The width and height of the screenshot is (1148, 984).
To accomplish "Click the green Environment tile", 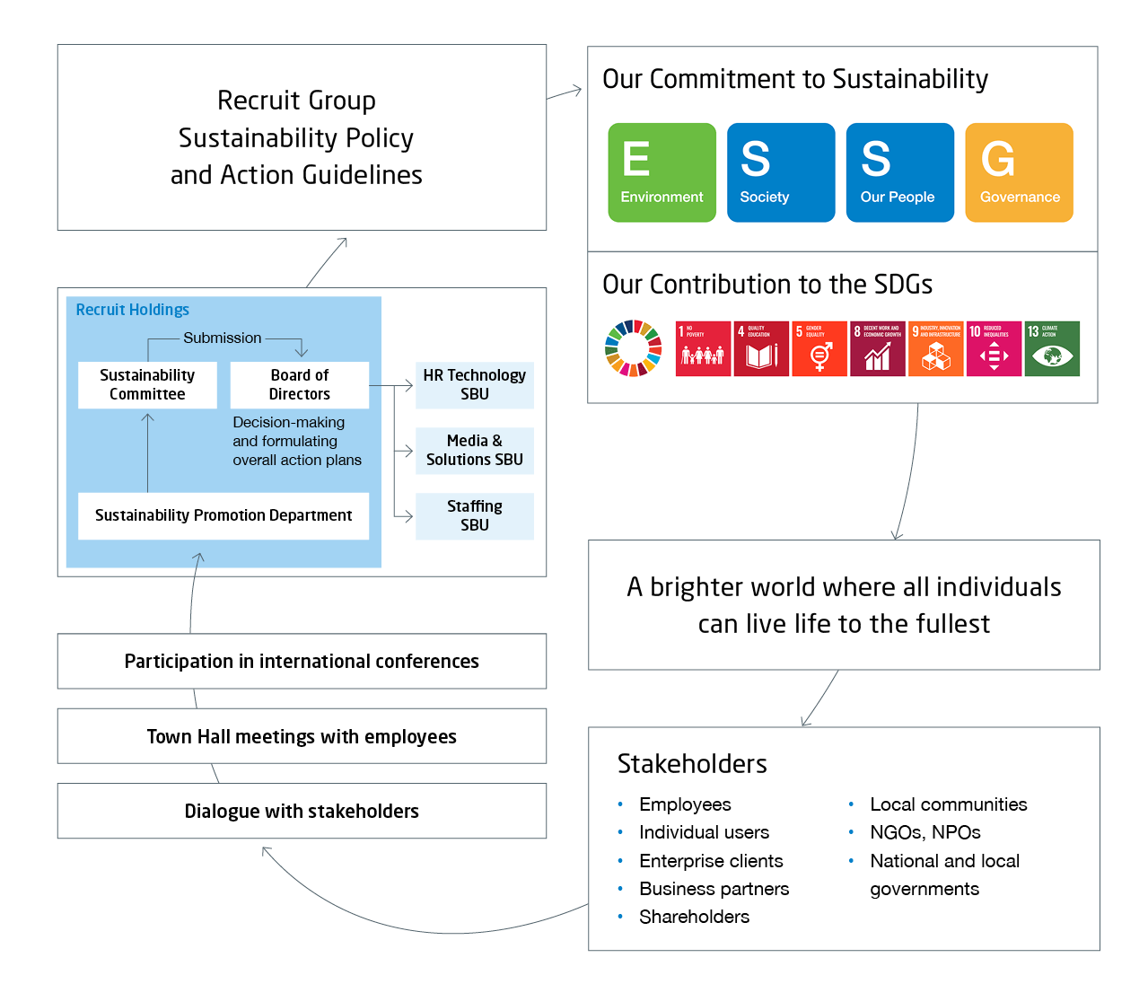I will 662,172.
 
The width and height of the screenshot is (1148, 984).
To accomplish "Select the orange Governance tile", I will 1019,172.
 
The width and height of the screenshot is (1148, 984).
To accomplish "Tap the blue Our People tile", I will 899,172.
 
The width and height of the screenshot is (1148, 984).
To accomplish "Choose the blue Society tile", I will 780,172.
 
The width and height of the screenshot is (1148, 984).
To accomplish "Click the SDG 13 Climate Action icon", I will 1052,348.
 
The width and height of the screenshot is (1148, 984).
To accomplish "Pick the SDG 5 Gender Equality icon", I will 819,348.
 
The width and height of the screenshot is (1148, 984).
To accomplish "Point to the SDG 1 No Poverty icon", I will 703,348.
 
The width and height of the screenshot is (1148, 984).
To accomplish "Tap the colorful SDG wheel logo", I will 634,348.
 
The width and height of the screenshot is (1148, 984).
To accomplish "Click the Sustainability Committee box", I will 147,384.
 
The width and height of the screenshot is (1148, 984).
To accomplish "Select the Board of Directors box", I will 300,384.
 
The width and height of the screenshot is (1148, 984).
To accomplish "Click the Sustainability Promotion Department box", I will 223,515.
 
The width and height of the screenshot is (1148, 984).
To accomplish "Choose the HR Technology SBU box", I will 474,384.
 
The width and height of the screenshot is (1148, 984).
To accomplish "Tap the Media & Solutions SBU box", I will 474,450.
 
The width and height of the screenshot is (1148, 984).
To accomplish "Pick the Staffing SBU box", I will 474,515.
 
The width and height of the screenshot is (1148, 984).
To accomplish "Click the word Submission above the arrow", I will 222,338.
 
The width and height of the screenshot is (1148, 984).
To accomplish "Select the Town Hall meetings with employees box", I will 302,736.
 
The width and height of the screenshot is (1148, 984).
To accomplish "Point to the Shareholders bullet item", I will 694,917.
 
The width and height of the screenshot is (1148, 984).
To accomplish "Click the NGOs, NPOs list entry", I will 925,832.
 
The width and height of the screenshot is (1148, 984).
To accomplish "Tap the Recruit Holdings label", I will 132,310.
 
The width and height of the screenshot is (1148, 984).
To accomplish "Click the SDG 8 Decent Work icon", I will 877,348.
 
